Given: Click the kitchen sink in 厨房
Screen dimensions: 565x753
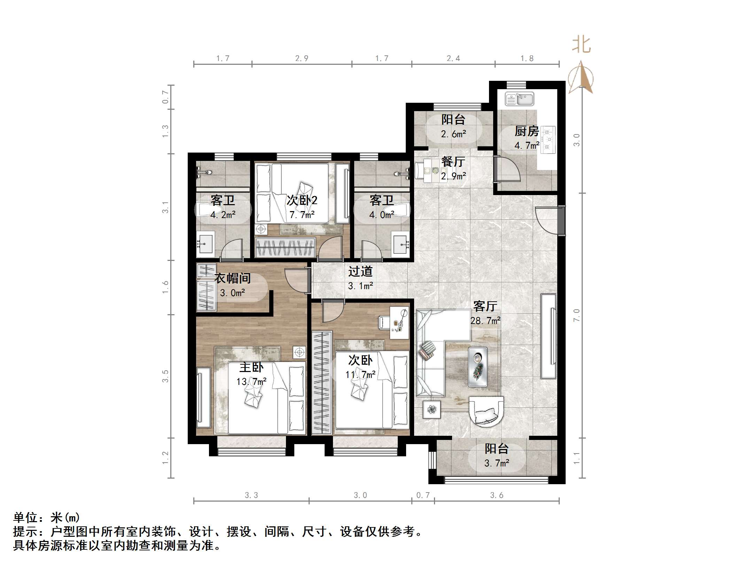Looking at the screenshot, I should coord(519,99).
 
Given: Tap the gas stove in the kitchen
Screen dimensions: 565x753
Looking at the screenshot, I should coord(548,140).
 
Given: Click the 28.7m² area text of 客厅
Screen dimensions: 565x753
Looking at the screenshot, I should coord(485,320).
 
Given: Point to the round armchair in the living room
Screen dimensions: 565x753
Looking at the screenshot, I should coord(486,412).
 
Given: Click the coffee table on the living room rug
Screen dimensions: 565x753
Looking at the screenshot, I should coord(478,367).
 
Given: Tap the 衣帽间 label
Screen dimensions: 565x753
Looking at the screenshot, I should coord(232,278).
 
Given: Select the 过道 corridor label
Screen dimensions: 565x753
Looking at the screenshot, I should coord(360,272).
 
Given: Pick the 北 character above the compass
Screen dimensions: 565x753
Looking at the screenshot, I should coord(581,45).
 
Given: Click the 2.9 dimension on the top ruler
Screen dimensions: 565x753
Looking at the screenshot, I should coord(302,59).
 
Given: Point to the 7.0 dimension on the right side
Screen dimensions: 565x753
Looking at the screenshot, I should coord(576,315).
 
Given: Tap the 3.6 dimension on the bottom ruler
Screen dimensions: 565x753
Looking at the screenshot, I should coord(497,495).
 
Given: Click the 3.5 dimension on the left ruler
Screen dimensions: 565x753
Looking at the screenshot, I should coord(165,376).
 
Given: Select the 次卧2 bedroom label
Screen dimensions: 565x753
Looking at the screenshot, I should coord(302,200).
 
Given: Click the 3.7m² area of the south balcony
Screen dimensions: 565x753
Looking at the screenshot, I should coord(497,463).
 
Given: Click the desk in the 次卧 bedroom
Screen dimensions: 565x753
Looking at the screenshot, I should coord(399,322).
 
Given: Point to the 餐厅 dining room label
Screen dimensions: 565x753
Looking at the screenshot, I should coord(453,162).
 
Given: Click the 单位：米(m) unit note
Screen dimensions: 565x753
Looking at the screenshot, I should coord(47,518).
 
